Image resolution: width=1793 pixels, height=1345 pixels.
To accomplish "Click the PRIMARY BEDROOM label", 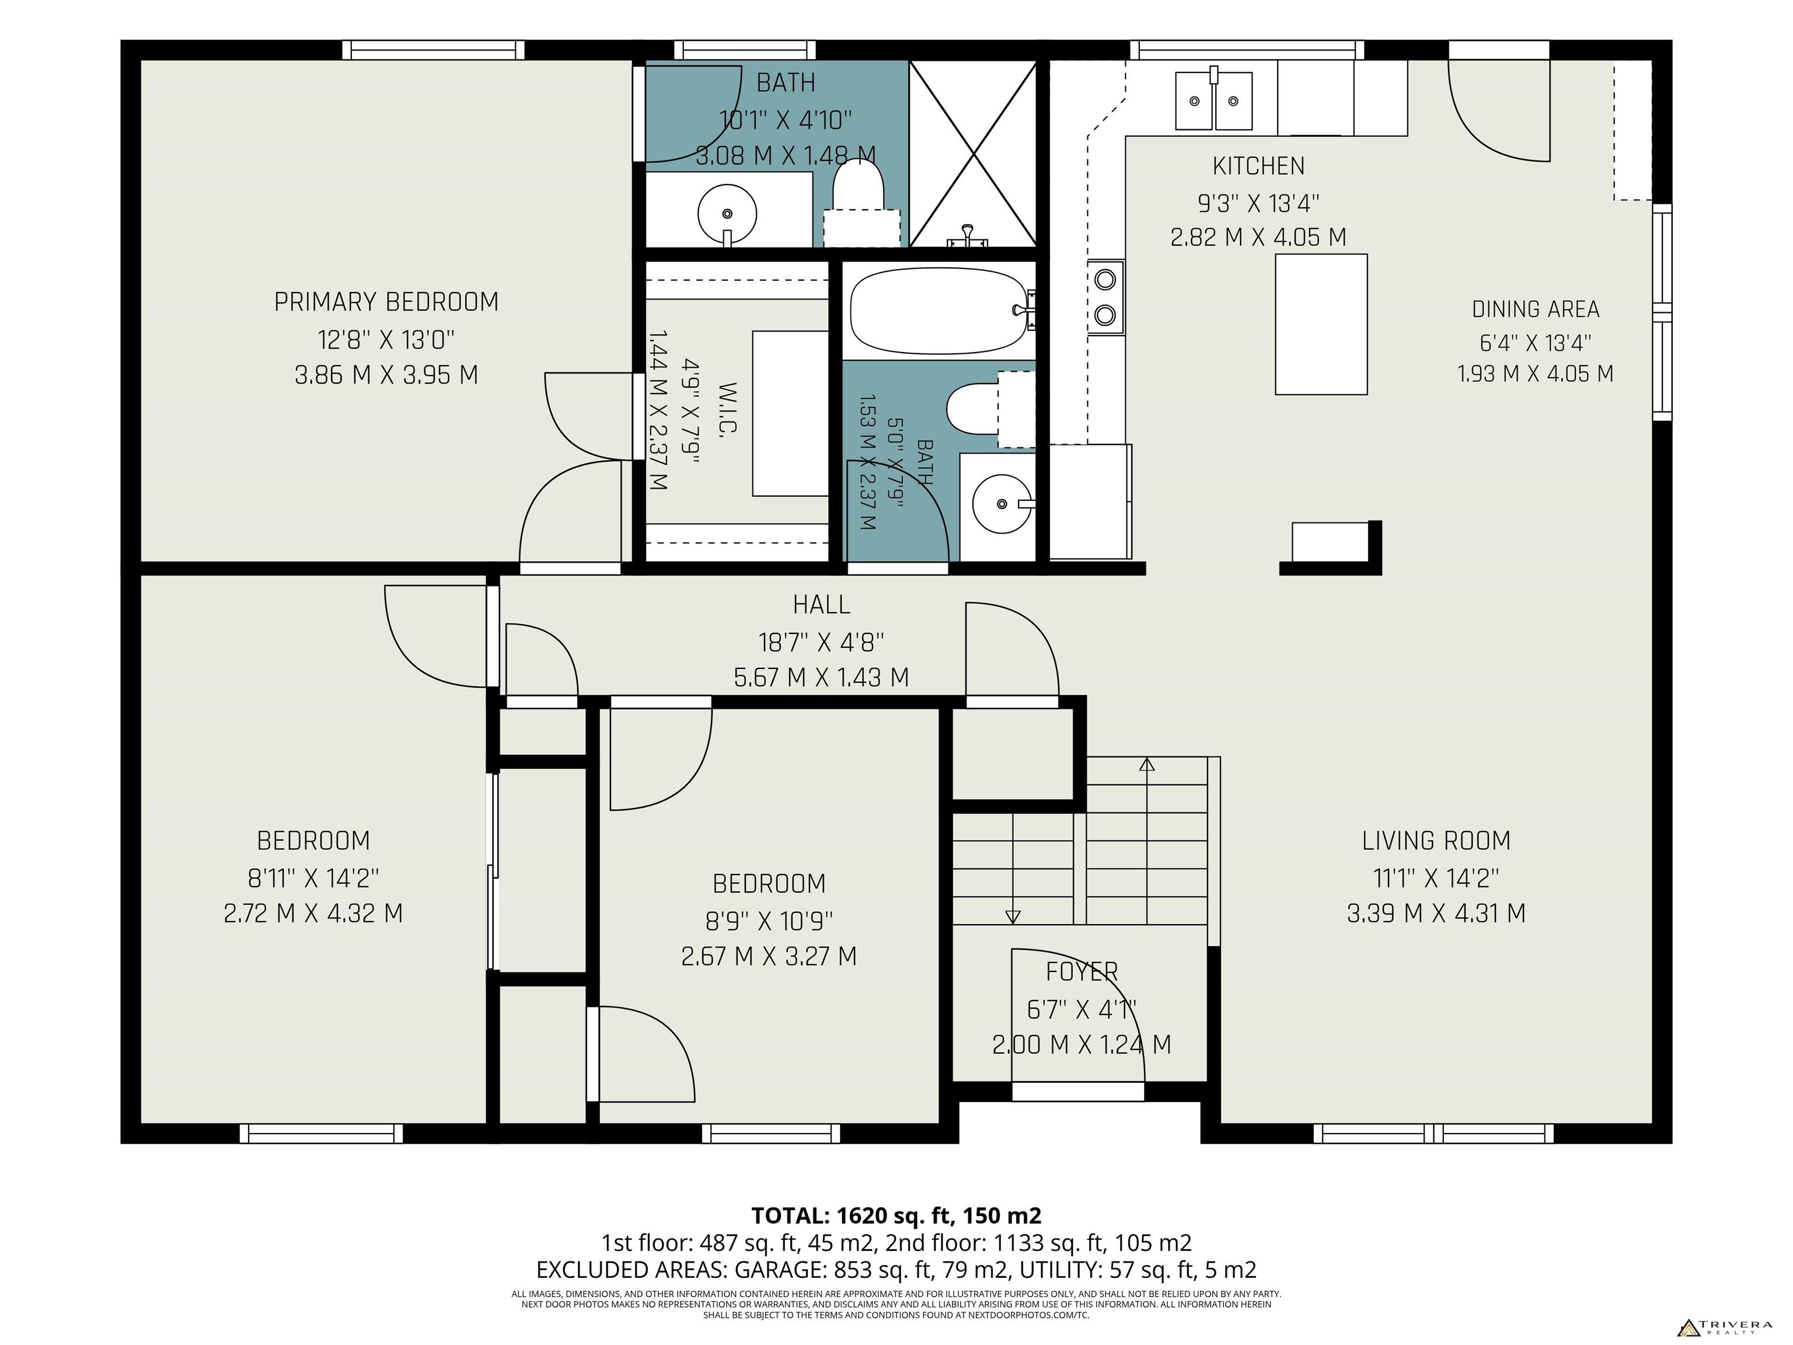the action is [386, 302].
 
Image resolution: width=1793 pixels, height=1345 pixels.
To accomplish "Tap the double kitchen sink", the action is [1213, 100].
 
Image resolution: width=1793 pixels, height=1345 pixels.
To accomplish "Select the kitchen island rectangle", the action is [1321, 325].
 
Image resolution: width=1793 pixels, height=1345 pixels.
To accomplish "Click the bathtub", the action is [939, 311].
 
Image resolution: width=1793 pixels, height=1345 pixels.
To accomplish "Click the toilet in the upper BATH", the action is [859, 203].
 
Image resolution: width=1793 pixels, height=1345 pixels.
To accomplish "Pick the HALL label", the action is [821, 605].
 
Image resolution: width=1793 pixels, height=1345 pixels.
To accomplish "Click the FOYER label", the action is [1082, 971].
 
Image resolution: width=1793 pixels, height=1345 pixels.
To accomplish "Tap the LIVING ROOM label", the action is [1436, 841].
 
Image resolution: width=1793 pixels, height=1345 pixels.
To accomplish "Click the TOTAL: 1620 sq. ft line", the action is [896, 1216].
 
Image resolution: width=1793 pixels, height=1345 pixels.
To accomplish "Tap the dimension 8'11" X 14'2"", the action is [313, 877].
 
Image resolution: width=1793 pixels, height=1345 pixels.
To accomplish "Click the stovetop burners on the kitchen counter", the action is [1105, 297].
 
